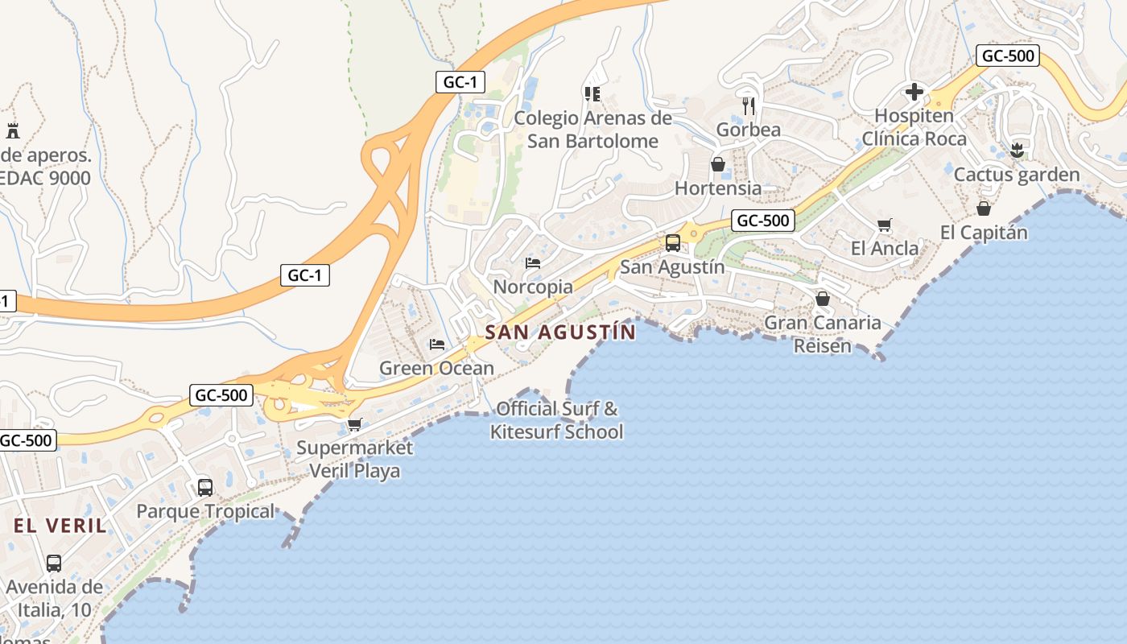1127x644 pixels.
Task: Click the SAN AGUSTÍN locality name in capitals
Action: point(560,332)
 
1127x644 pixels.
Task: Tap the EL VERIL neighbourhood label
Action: point(60,526)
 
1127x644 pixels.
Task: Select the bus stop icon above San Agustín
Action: point(672,242)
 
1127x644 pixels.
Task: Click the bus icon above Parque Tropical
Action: point(205,487)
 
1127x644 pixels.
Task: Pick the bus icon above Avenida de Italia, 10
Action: point(54,563)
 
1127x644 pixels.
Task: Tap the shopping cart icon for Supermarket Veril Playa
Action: point(353,424)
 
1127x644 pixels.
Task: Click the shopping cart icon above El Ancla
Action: point(884,225)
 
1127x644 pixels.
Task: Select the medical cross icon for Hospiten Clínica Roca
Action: point(914,92)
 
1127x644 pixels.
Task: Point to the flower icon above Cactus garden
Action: point(1016,150)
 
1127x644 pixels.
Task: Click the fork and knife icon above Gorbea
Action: point(749,105)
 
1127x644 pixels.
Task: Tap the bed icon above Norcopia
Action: point(532,262)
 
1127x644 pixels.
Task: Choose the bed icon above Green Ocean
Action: point(436,345)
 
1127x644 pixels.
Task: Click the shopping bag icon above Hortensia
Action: point(717,164)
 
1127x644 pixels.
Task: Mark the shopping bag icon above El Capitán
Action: point(983,208)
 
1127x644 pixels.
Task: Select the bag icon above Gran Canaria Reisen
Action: point(822,299)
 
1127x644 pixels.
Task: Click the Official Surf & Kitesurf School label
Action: point(557,420)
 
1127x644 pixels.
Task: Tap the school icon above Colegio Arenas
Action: point(592,94)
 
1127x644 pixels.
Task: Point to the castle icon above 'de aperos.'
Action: point(12,130)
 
